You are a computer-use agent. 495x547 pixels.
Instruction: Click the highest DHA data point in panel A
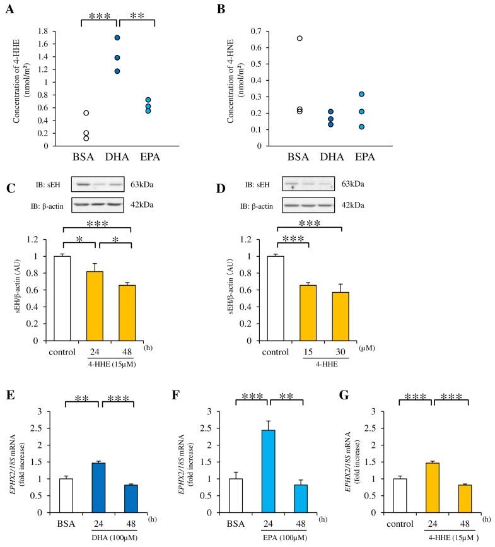click(117, 38)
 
